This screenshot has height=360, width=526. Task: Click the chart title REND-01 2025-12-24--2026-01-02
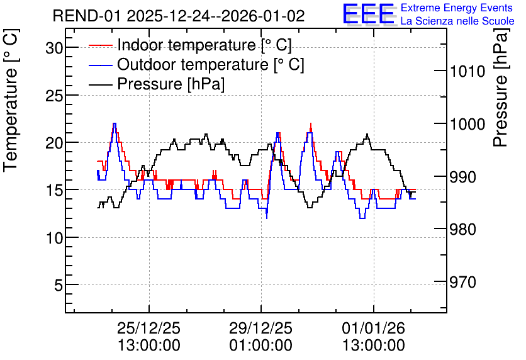click(179, 16)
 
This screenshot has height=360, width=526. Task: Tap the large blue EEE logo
click(369, 14)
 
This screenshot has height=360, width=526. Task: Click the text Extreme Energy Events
click(457, 8)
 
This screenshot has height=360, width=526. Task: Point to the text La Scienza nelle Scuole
click(457, 21)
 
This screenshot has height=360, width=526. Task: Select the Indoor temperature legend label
click(204, 45)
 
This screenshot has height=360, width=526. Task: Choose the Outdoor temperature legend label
click(211, 64)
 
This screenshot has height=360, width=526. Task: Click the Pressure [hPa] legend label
click(171, 84)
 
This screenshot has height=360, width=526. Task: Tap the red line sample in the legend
click(100, 45)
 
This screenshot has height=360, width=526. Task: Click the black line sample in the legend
click(100, 84)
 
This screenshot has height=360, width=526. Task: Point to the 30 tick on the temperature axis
click(54, 48)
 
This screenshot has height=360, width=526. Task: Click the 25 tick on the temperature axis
click(54, 96)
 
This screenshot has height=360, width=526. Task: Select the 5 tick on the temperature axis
click(59, 286)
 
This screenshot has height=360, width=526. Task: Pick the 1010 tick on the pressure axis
click(467, 72)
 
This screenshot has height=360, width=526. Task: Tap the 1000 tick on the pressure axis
click(467, 125)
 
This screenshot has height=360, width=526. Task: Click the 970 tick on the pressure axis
click(463, 283)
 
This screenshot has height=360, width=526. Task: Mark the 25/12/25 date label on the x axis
click(148, 328)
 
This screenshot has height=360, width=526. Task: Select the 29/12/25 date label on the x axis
click(260, 328)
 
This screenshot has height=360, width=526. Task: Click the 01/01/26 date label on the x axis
click(373, 328)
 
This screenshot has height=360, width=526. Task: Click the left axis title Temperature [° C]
click(11, 100)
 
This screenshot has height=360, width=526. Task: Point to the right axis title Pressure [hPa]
click(501, 87)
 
